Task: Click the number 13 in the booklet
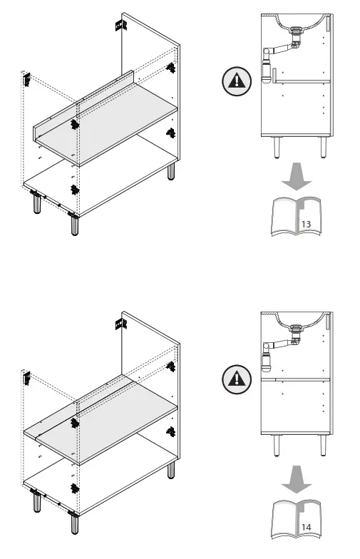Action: [x=307, y=224]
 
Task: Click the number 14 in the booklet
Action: [x=307, y=527]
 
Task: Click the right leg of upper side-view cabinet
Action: [x=322, y=147]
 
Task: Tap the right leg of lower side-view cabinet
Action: [x=322, y=446]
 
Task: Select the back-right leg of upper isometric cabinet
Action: [x=171, y=172]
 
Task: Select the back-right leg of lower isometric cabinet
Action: [x=171, y=470]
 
